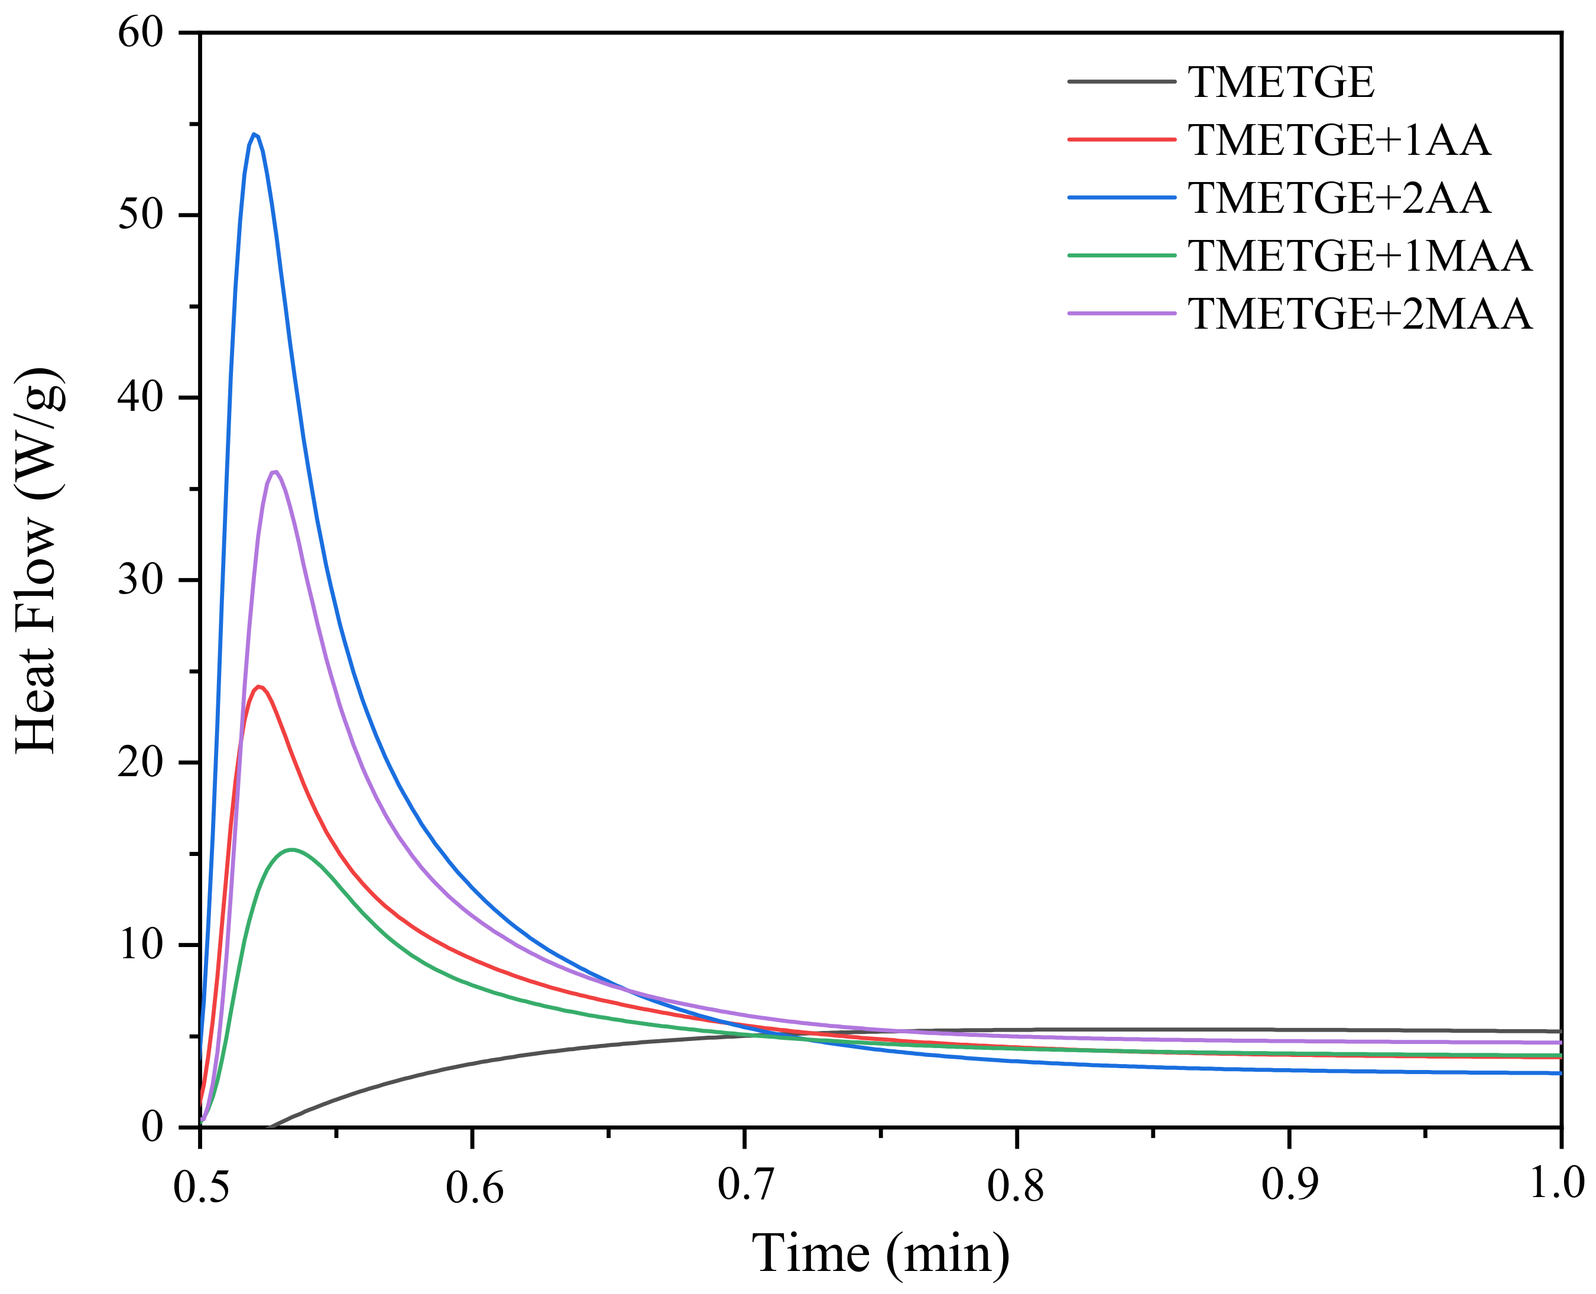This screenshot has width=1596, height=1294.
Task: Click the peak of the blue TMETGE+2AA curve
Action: coord(254,134)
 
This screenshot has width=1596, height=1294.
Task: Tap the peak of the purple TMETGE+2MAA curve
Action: coord(275,472)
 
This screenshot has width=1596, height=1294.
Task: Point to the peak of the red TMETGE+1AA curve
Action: coord(259,686)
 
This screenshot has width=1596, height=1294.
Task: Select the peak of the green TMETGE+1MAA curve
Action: coord(291,849)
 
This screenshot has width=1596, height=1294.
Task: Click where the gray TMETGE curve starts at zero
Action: coord(268,1127)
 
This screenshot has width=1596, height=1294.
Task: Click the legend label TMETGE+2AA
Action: coord(1339,198)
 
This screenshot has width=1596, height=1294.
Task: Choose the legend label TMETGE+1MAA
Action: coord(1360,257)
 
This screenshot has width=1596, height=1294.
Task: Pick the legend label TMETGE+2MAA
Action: coord(1360,314)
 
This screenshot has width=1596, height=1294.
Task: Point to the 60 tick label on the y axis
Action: coord(140,34)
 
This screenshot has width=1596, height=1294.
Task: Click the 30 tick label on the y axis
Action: coord(140,580)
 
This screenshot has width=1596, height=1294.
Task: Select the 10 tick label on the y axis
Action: coord(140,945)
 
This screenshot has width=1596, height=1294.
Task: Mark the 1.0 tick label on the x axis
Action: coord(1556,1185)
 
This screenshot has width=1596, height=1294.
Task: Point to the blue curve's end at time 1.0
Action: coord(1559,1074)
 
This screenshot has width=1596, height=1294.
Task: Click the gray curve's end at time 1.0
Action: coord(1559,1031)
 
